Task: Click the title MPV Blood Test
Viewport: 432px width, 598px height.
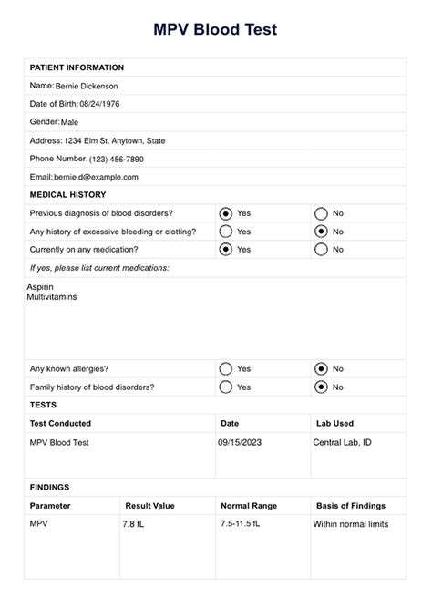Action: point(215,29)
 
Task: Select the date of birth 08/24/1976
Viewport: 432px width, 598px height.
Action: point(99,104)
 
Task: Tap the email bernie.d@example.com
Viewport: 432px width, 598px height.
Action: point(97,177)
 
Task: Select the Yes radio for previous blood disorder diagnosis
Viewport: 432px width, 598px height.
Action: point(226,212)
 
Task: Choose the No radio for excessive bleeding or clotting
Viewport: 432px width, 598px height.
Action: point(321,231)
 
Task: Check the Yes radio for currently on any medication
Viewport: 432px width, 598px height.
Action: point(226,249)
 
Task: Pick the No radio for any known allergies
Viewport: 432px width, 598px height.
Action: point(321,369)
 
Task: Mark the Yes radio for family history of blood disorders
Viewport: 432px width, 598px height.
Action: point(226,387)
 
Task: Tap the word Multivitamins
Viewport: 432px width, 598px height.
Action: point(52,297)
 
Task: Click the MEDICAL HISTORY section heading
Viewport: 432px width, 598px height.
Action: point(68,194)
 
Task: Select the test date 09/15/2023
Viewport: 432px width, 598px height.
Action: point(240,442)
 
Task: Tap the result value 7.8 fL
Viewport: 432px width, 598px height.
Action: point(135,525)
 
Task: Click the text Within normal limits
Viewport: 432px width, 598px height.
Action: point(351,524)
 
